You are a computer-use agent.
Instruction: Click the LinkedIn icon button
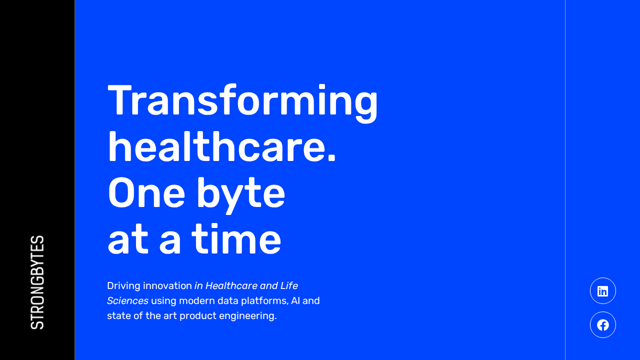point(603,291)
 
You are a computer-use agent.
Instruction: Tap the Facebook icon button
point(603,325)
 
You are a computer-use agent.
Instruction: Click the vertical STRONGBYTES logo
point(37,282)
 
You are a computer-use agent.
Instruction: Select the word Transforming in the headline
point(242,103)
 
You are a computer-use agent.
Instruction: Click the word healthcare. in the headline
point(221,147)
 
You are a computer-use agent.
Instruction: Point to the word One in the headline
point(146,193)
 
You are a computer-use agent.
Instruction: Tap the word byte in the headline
point(241,195)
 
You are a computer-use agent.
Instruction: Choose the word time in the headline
point(236,239)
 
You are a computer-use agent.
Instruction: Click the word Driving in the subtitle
point(123,286)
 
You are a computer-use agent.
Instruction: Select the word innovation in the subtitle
point(167,285)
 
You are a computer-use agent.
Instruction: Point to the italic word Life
point(289,285)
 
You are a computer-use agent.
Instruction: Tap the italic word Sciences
point(127,301)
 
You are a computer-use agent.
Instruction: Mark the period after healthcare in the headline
point(331,158)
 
